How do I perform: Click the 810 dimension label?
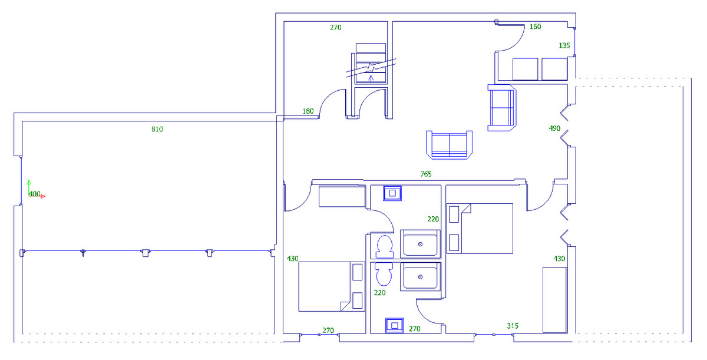[157, 129]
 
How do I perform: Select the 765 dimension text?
[425, 174]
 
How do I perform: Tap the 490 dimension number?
[554, 128]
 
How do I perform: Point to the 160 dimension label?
[535, 27]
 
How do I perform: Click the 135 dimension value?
[564, 45]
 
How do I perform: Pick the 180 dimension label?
[308, 111]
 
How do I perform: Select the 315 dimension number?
[513, 326]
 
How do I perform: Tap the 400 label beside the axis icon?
[35, 194]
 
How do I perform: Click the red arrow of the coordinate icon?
[42, 196]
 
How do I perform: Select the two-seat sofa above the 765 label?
[450, 145]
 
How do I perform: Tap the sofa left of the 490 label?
[501, 108]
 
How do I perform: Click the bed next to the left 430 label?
[332, 286]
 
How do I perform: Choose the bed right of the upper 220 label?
[480, 228]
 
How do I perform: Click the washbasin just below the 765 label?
[392, 193]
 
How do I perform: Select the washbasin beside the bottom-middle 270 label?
[394, 325]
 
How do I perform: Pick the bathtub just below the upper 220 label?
[420, 244]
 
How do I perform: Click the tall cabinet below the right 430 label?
[554, 299]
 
